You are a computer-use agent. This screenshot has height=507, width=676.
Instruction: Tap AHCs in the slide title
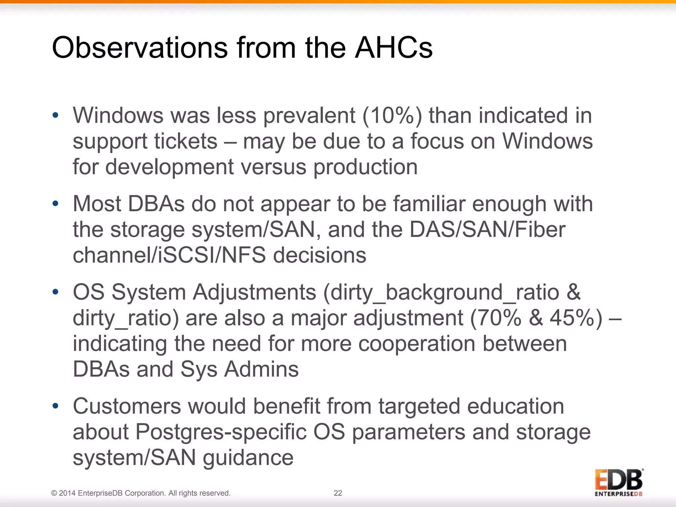point(393,48)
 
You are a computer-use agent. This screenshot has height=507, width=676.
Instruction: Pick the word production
point(365,167)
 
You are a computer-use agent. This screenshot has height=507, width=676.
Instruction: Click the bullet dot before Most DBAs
point(55,204)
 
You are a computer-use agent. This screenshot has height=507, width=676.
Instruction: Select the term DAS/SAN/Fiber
point(488,229)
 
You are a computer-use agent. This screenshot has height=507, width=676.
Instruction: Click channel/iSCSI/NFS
point(169,255)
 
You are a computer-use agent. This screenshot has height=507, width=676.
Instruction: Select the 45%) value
point(576,318)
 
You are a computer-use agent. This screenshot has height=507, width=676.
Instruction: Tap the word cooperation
point(417,344)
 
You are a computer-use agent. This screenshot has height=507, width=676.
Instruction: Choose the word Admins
point(261,369)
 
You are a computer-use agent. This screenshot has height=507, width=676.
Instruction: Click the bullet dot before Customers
point(55,406)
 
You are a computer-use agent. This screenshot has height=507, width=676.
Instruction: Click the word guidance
point(248,458)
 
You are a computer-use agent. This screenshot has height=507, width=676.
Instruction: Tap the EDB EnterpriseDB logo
point(619,483)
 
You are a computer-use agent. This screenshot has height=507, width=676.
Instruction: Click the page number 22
point(338,493)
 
